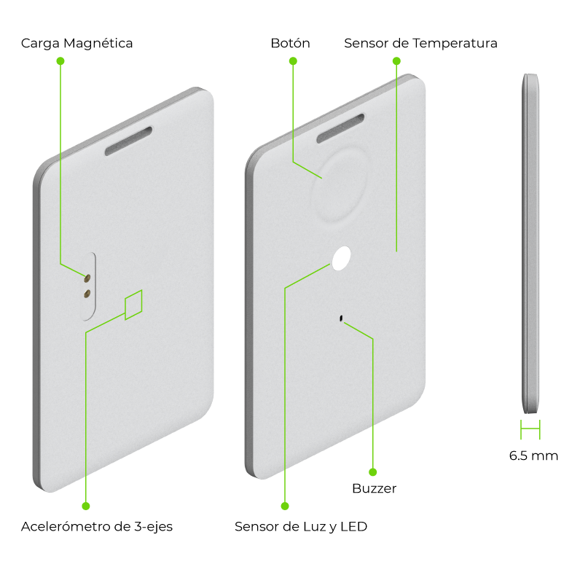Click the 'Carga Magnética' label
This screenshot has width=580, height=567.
77,43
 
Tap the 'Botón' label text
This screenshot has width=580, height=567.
291,43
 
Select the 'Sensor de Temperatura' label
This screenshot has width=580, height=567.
420,43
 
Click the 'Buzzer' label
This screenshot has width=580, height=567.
375,488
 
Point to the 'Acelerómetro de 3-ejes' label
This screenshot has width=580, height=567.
97,526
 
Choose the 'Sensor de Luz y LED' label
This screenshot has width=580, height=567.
301,526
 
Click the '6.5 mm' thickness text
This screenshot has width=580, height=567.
533,455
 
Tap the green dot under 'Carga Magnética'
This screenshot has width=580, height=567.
60,60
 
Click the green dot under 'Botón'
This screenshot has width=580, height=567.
293,60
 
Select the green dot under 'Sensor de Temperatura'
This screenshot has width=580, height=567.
396,60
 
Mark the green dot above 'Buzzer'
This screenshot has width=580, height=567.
373,472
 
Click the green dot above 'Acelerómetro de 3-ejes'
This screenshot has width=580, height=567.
86,506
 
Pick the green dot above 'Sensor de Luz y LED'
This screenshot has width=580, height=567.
285,506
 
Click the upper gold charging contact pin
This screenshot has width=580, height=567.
87,278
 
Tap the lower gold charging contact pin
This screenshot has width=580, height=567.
87,294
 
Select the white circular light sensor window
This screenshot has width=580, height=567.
341,258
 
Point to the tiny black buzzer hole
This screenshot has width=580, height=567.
341,318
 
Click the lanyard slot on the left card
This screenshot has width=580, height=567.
129,141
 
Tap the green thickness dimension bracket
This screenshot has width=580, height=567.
530,429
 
